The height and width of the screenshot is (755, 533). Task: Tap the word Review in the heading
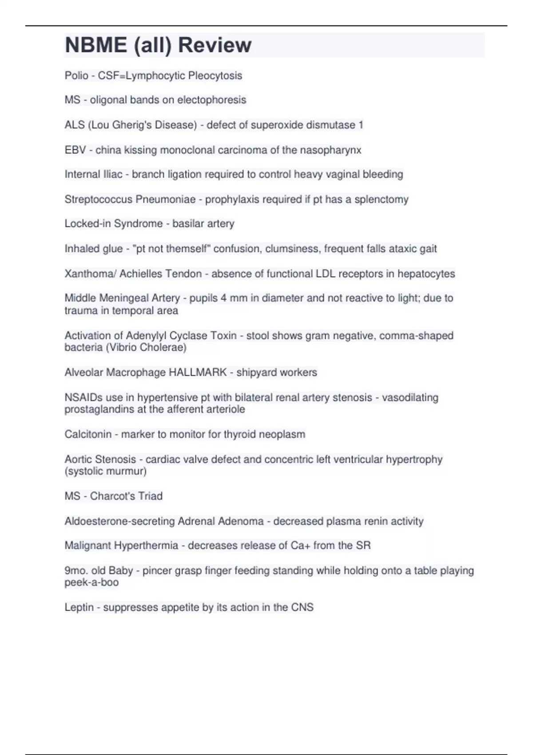[x=215, y=45]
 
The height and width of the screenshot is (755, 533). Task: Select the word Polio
[x=76, y=75]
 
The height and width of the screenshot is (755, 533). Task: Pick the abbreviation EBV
[x=75, y=150]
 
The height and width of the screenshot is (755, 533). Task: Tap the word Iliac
[x=113, y=174]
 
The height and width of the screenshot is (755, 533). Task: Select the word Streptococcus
[x=98, y=199]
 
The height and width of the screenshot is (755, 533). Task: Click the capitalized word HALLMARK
[x=198, y=372]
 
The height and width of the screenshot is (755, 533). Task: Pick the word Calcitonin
[x=88, y=434]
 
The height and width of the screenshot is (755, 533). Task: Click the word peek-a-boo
[x=91, y=582]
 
